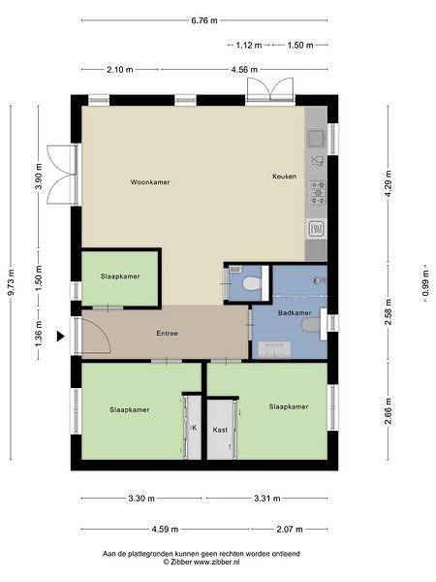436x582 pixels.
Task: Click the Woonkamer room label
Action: tap(150, 182)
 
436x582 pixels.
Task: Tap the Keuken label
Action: tap(284, 177)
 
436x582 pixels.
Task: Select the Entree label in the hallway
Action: tap(168, 334)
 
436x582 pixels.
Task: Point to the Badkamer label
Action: tap(295, 313)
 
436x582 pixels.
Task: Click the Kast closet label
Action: tap(220, 430)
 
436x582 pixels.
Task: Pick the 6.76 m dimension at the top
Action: tap(204, 20)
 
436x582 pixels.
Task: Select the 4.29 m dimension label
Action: tap(389, 184)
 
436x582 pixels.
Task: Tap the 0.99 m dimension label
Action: tap(426, 283)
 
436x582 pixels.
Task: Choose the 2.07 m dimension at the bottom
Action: tap(290, 530)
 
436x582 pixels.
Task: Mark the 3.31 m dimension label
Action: tap(267, 499)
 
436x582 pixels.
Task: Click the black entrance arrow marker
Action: tap(60, 337)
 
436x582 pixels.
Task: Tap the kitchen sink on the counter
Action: tap(316, 139)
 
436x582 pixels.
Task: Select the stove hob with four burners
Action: tap(318, 193)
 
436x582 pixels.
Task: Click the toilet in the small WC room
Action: tap(252, 283)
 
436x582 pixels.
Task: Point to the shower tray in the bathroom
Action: tap(274, 350)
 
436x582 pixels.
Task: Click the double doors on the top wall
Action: tap(270, 90)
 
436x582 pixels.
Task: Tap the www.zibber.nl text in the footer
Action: tap(216, 562)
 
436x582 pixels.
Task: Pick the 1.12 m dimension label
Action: tap(249, 46)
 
